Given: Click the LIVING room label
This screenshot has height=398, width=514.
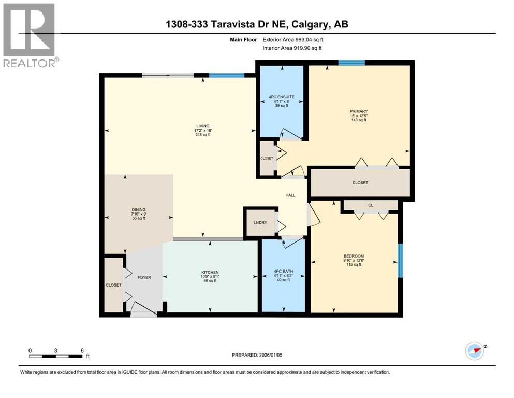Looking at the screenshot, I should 202,126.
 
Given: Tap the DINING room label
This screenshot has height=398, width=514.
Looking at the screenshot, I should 138,210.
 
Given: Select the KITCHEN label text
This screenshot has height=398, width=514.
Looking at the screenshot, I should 210,272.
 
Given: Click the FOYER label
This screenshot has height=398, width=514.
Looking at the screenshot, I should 144,277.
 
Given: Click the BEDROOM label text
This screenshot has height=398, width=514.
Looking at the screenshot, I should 354,256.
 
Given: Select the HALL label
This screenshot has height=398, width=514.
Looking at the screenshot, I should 290,195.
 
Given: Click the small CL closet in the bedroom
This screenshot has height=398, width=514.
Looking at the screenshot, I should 370,205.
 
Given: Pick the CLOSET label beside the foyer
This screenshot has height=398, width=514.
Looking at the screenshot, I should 113,285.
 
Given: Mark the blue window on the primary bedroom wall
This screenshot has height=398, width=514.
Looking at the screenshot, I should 351,63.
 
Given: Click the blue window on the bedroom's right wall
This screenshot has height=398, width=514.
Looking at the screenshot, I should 400,260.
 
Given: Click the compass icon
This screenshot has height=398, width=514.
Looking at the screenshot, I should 474,350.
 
